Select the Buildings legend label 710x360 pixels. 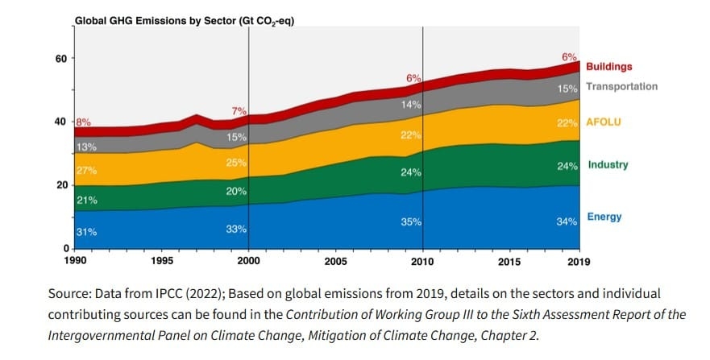608,67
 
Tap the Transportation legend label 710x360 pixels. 621,87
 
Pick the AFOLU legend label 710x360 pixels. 604,122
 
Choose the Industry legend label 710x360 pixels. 608,165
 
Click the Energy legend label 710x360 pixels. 604,217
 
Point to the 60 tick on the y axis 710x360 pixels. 60,58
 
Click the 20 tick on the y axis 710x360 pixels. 60,185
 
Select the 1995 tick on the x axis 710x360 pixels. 162,262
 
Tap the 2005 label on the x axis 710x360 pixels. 335,262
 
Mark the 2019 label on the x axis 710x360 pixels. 579,262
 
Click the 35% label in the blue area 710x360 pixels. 411,221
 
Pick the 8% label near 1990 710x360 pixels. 83,122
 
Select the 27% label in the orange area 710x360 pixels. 86,170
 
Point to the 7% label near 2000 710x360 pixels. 239,110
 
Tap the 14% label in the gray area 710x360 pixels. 411,106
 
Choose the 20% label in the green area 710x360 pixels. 236,192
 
